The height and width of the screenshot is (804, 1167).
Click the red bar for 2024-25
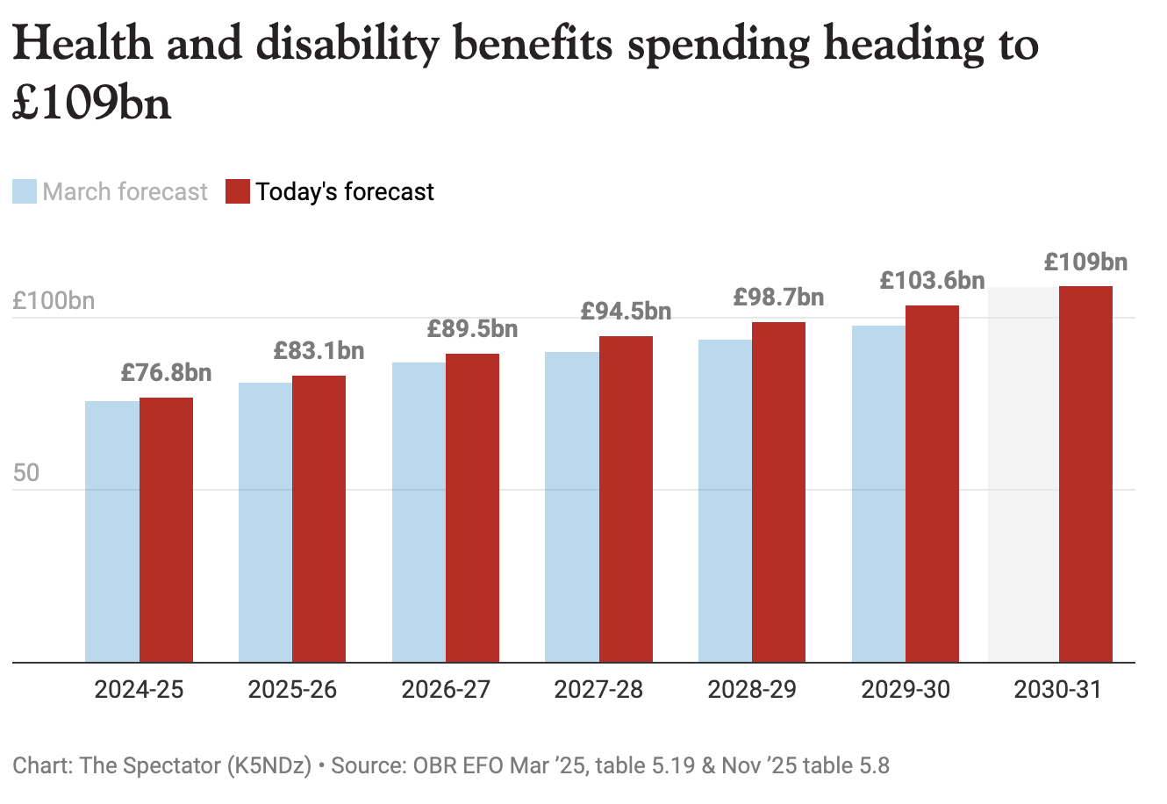point(166,530)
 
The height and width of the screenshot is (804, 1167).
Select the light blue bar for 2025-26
point(265,522)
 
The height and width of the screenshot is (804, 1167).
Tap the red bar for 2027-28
point(626,499)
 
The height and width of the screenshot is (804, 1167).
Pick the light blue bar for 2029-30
point(878,494)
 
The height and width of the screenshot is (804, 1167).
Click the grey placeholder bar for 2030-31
point(1023,475)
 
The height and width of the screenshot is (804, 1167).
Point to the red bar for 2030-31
point(1085,474)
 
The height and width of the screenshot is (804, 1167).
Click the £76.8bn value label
point(166,373)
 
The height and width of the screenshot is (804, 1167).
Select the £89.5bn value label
point(472,329)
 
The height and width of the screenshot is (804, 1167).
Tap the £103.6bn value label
point(932,281)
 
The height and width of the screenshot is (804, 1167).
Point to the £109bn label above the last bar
point(1085,262)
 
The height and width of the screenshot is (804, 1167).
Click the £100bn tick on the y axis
point(54,301)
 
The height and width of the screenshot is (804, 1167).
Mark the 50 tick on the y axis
point(26,473)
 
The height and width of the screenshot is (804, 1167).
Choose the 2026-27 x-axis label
point(446,690)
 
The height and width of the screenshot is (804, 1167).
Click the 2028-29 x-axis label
point(752,690)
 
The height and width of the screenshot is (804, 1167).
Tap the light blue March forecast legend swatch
point(25,191)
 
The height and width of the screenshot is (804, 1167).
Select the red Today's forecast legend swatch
point(238,191)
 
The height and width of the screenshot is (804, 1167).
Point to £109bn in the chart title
point(92,104)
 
